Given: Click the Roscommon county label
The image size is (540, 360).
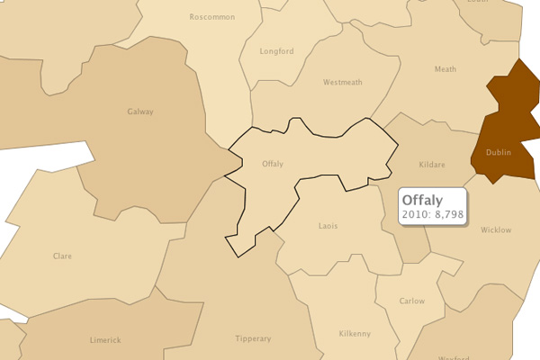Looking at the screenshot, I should click(212, 17).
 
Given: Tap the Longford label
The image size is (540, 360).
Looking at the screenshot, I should click(277, 51).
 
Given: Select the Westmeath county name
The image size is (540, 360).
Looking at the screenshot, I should click(342, 82).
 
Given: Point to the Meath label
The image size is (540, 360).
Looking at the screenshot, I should click(445, 69).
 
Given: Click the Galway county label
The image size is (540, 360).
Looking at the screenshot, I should click(141, 112).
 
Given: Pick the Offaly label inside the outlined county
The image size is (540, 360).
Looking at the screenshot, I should click(272, 164).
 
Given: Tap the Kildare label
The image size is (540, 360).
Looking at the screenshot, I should click(434, 166).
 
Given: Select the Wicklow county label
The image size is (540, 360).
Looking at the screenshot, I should click(496, 229).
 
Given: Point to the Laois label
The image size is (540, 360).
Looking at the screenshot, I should click(328, 225).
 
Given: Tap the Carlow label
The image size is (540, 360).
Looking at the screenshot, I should click(412, 301).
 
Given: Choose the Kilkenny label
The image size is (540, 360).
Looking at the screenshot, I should click(355, 334).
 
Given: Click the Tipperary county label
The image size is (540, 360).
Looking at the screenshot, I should click(253, 338).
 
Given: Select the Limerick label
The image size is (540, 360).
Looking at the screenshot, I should click(105, 340).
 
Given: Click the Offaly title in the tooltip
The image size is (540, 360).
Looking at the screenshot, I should click(421, 199).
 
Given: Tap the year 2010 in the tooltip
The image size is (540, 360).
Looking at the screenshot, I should click(414, 215).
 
